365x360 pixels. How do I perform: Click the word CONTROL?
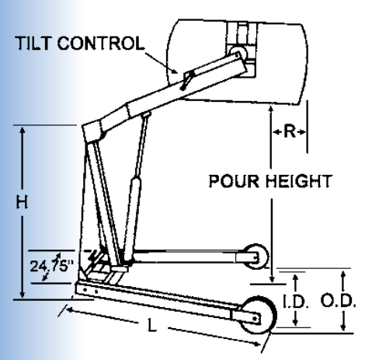point(101,43)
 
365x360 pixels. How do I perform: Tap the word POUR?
point(234,181)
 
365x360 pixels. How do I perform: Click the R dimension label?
point(290,131)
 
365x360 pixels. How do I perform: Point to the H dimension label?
point(22,202)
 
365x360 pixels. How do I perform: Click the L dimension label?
point(152,326)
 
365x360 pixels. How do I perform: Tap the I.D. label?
point(295,302)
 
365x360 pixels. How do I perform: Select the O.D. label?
point(338,301)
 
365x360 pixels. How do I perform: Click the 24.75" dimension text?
point(52,265)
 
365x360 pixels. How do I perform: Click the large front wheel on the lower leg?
point(258,315)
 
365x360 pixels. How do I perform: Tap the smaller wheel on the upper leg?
point(256,257)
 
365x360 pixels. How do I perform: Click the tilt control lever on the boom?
point(187,79)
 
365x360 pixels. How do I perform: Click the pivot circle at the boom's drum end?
point(238,54)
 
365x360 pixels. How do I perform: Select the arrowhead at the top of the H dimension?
point(23,130)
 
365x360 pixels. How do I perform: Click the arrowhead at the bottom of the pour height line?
point(272,279)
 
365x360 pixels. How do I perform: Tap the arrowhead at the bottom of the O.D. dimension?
point(343,327)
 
